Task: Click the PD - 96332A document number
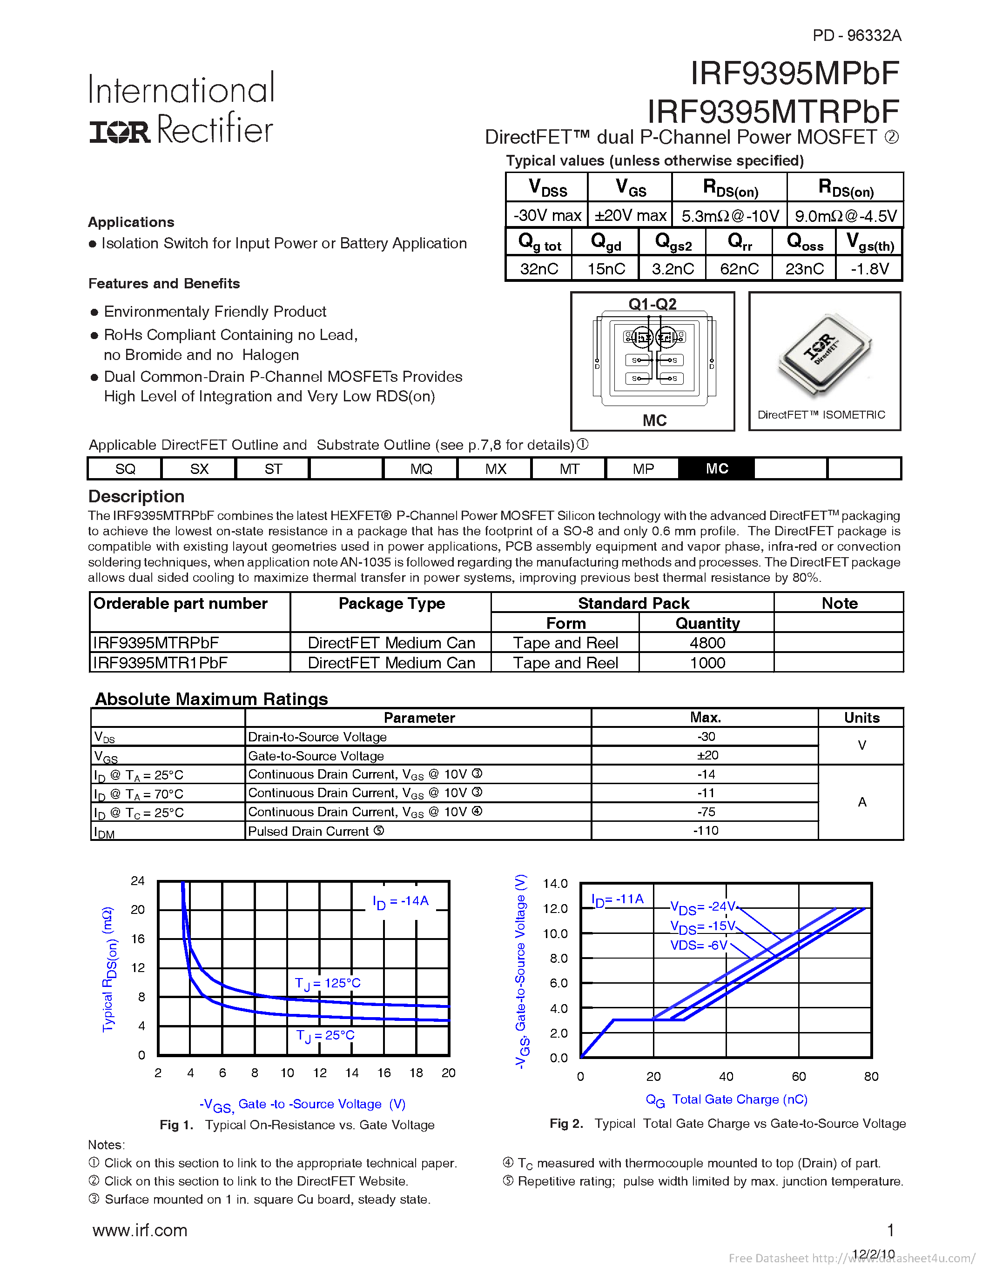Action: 856,36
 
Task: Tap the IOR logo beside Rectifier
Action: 120,132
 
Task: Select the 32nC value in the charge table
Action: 538,269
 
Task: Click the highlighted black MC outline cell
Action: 717,468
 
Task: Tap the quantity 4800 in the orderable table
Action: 707,643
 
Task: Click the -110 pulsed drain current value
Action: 706,830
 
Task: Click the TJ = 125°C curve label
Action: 328,983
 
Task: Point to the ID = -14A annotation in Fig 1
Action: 401,901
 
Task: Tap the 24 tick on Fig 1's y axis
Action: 138,881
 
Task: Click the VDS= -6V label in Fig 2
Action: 699,945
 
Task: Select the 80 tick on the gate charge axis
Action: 871,1076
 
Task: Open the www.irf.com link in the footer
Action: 140,1230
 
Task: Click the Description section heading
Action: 136,497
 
